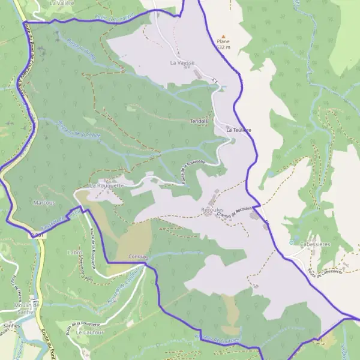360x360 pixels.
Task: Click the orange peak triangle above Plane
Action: click(x=223, y=37)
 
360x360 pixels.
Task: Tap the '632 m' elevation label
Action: click(x=223, y=47)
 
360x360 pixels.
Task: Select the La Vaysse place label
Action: click(x=182, y=62)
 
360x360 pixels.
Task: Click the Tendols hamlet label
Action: click(x=199, y=121)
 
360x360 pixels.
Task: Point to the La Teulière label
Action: click(x=238, y=130)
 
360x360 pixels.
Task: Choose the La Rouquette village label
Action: click(x=106, y=186)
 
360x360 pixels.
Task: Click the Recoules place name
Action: click(x=212, y=210)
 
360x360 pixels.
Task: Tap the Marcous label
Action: click(x=45, y=203)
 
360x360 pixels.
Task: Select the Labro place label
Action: click(x=75, y=253)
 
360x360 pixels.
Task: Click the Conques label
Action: click(x=138, y=257)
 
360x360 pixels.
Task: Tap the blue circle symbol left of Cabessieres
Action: click(x=292, y=242)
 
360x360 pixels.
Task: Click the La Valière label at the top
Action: click(x=62, y=3)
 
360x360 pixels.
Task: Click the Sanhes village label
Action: click(x=11, y=325)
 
